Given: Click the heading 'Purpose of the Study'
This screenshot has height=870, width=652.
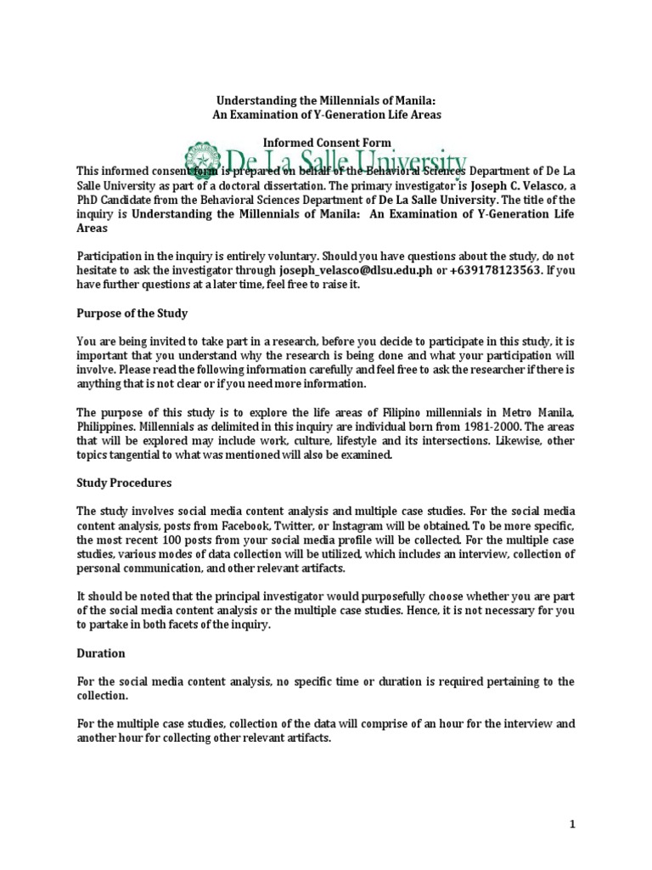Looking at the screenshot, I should tap(132, 313).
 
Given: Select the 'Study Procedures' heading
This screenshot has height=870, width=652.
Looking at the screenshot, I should tap(124, 483).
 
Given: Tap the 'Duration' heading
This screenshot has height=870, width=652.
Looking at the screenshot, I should tap(101, 653).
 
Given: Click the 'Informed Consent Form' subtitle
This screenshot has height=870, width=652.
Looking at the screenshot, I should tap(326, 144).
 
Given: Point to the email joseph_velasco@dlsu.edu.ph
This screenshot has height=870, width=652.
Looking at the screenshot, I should tap(352, 270).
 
